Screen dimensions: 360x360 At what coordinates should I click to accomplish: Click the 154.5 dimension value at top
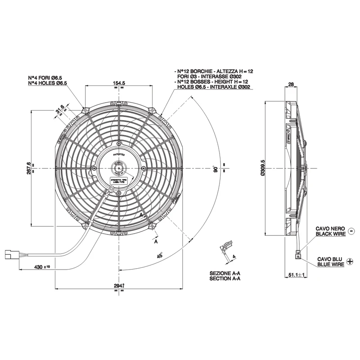119,83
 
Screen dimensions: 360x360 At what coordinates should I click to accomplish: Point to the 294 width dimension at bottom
118,286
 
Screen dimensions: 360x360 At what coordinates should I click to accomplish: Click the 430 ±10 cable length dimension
42,267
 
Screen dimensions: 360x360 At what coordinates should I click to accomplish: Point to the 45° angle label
160,256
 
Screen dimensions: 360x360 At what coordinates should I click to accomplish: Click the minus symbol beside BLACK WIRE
351,231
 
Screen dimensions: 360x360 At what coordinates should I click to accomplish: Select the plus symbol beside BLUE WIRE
351,262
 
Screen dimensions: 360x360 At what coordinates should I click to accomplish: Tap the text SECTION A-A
225,279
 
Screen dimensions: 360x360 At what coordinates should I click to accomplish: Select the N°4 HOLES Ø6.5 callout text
47,83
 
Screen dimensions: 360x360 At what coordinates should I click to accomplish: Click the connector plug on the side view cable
298,256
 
